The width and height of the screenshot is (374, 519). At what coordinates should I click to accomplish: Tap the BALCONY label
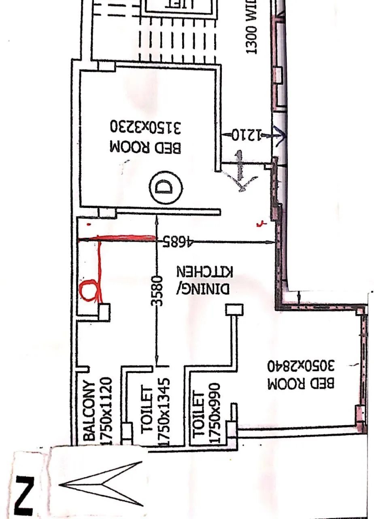(90, 410)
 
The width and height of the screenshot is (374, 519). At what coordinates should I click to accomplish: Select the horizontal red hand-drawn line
(117, 239)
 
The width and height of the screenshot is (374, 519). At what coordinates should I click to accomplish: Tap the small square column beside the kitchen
(234, 310)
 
